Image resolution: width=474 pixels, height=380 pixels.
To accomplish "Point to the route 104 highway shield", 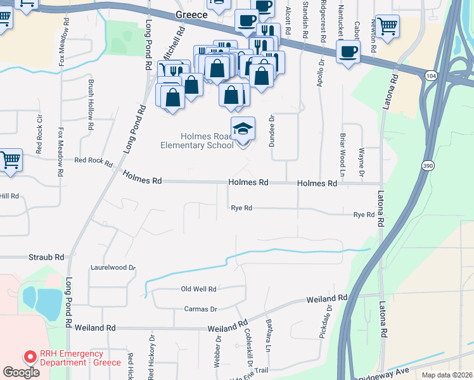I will coord(431,75).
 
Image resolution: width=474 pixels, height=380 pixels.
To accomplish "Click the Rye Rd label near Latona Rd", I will coord(364,215).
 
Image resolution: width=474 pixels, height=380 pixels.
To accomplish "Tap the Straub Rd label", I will coord(46,257).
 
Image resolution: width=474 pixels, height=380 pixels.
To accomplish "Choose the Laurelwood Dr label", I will coord(113,268).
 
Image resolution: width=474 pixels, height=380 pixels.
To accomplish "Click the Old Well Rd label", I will coord(198,289).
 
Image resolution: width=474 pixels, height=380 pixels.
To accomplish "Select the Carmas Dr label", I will coord(200,309).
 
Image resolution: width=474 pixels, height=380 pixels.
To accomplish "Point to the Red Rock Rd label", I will coord(93,161).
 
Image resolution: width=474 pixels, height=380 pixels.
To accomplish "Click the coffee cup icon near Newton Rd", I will coord(348,52).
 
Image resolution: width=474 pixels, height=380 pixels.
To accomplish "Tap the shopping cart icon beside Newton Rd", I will coord(387,27).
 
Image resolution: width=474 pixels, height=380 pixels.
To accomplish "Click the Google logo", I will coord(22,372).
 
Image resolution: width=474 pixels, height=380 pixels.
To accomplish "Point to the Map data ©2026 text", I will coord(446,375).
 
